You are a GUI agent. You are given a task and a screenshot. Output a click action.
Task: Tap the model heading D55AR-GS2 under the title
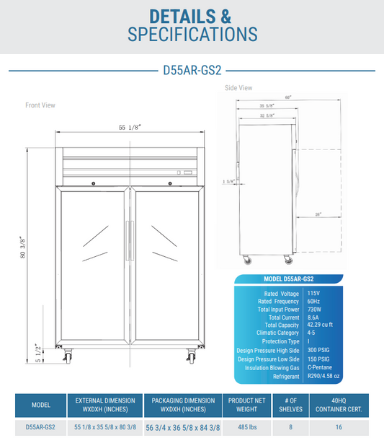point(192,71)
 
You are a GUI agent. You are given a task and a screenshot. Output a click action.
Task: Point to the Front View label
point(40,105)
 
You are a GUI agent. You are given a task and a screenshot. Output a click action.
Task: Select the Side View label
point(238,88)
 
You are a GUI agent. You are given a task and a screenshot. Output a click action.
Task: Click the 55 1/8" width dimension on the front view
point(130,127)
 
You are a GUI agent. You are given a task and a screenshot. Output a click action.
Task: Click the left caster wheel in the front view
point(70,356)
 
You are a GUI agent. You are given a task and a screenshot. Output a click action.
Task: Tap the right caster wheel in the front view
point(192,356)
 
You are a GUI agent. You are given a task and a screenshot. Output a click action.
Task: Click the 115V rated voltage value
point(313,293)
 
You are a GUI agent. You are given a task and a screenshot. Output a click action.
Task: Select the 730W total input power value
point(314,309)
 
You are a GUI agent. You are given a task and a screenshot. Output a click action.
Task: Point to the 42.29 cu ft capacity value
point(321,325)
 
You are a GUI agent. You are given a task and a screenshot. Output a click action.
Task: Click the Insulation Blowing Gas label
point(268,367)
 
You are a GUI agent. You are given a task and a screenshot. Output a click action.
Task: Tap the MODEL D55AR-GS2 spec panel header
point(287,279)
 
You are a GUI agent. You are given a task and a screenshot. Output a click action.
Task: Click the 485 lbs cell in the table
point(246,427)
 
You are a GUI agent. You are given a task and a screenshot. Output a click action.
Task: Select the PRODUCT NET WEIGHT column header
point(246,405)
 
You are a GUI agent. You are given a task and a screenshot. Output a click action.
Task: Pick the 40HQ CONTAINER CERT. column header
point(339,405)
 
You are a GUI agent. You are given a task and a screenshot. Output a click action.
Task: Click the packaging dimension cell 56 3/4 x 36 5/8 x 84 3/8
point(182,427)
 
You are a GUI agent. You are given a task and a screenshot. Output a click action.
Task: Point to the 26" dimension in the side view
point(317,214)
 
